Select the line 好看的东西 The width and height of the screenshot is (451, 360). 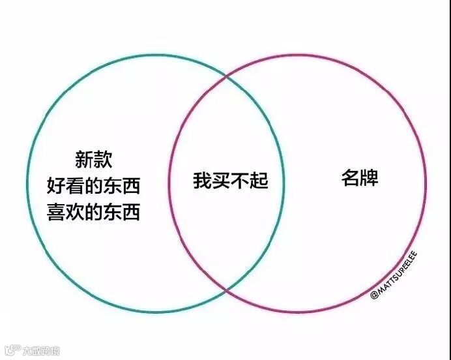click(93, 187)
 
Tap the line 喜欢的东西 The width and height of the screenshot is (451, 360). click(93, 213)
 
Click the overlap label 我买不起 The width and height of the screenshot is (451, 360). click(231, 181)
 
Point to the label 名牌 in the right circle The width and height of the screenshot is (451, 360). click(360, 177)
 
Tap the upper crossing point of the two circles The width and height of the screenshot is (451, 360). click(226, 77)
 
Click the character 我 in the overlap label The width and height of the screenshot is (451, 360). click(202, 181)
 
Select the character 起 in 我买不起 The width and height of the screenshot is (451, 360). click(259, 181)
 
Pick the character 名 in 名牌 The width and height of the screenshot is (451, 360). click(350, 177)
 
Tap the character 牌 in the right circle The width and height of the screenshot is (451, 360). click(369, 177)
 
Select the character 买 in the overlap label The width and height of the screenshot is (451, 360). click(221, 181)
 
